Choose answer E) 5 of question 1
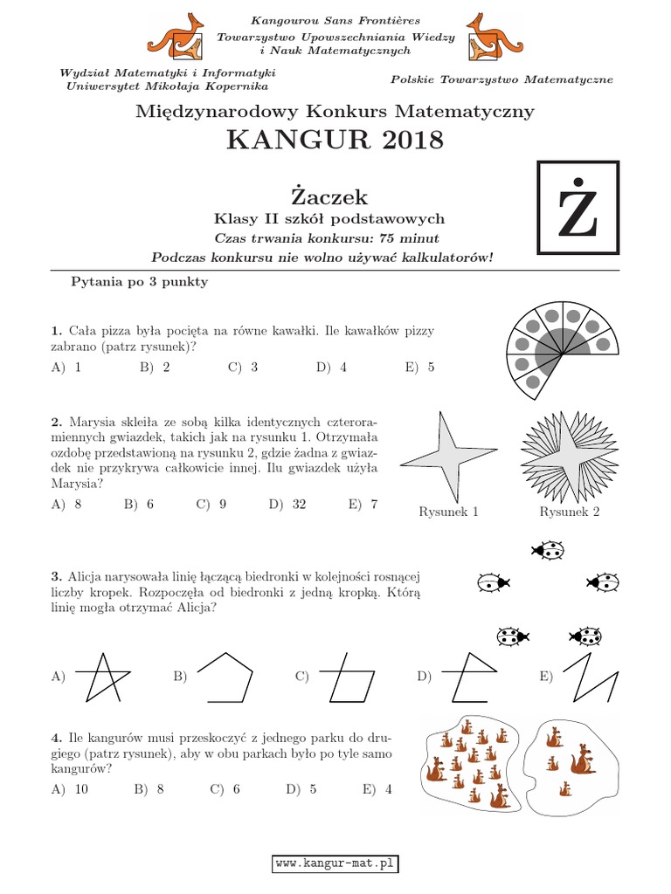(x=419, y=368)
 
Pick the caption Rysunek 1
(x=449, y=512)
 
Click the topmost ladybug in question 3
(x=547, y=549)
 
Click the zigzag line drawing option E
(x=590, y=676)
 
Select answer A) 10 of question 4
(x=71, y=789)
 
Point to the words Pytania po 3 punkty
(x=139, y=283)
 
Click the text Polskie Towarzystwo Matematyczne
(x=502, y=79)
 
